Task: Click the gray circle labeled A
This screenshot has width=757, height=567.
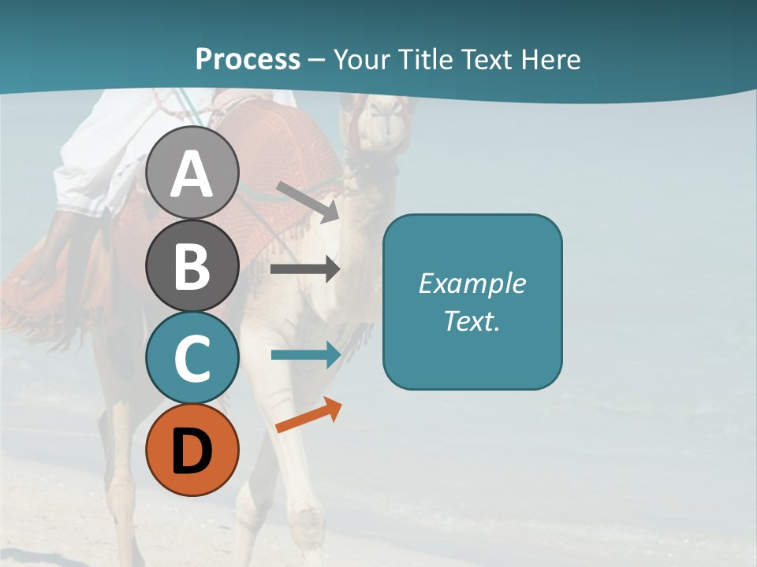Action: [192, 172]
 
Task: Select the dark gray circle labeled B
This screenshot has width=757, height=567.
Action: [192, 265]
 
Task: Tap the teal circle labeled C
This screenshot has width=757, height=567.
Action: [192, 358]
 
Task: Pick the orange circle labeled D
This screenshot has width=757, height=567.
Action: [192, 450]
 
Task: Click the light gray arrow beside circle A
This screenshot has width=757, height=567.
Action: [308, 202]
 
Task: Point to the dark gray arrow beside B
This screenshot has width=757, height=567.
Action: [305, 269]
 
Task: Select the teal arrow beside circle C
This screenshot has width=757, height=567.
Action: [306, 354]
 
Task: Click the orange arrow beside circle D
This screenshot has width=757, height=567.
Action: [308, 416]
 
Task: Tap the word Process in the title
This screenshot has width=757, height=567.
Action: [248, 59]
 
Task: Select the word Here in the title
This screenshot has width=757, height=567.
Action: [552, 59]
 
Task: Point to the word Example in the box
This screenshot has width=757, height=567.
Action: [472, 283]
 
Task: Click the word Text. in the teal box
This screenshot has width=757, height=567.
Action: [472, 321]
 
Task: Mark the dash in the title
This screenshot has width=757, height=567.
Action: [316, 60]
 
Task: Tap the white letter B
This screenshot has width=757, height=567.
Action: [192, 265]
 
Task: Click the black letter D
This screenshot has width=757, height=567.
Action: [192, 450]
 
